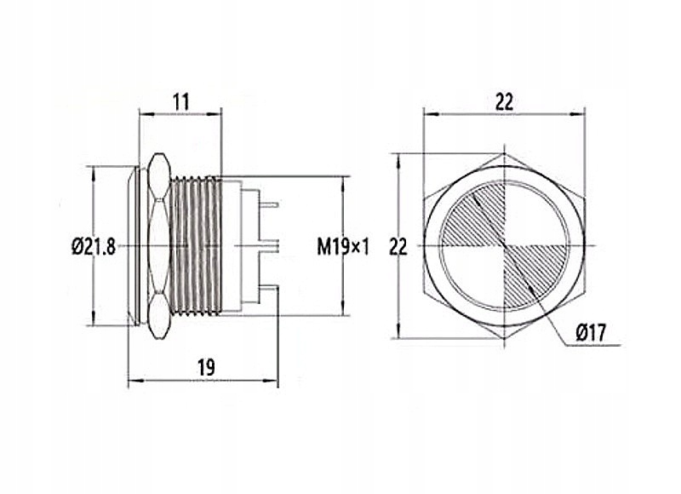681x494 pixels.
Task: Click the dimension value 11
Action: (x=180, y=101)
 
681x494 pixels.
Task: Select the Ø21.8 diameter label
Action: (x=94, y=247)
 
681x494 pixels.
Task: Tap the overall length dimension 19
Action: (x=205, y=367)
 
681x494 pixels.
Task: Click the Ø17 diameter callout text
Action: (x=590, y=335)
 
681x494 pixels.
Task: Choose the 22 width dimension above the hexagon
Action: (x=504, y=101)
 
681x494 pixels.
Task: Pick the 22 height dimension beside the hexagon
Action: (x=398, y=247)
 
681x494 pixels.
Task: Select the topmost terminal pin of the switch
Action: (x=269, y=205)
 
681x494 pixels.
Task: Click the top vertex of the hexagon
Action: (x=504, y=155)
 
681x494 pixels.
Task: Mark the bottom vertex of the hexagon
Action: (x=504, y=339)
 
